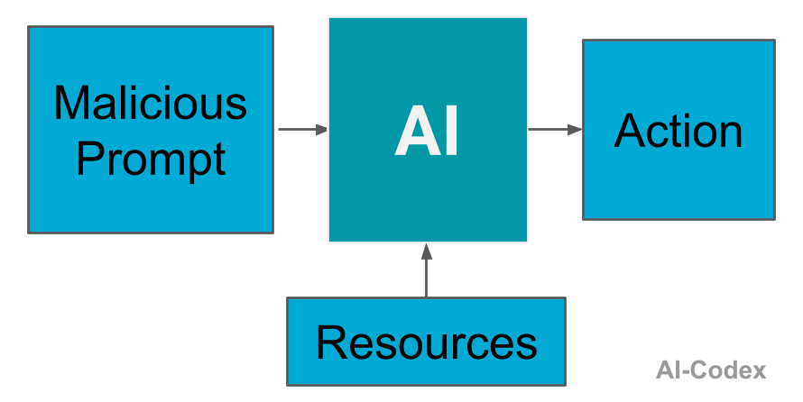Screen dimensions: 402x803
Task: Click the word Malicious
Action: (x=150, y=103)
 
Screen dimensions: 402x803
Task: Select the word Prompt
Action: (x=150, y=160)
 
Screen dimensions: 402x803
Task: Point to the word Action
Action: (x=678, y=132)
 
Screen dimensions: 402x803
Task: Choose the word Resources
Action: (x=426, y=343)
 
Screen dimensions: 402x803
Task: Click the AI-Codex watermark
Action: (x=711, y=370)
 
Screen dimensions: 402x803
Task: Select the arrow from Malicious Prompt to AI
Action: (x=301, y=130)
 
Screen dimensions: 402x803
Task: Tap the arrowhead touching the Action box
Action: (x=575, y=130)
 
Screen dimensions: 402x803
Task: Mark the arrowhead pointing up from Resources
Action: (x=426, y=251)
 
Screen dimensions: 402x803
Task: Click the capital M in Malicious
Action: (x=72, y=103)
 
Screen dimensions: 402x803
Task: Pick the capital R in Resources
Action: (x=331, y=343)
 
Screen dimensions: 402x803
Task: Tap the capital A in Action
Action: (x=631, y=132)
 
